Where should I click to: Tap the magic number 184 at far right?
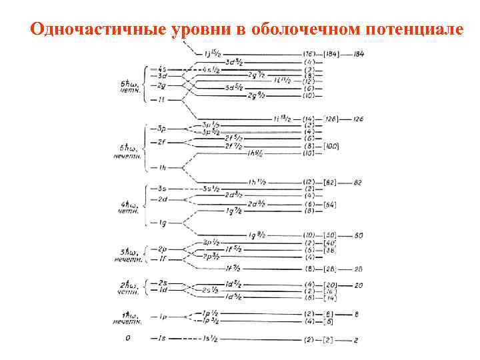click(x=359, y=53)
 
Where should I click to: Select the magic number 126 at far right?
click(x=359, y=119)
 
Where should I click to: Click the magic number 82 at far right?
click(x=359, y=182)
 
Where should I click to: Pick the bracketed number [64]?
click(x=329, y=205)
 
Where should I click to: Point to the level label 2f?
click(x=162, y=142)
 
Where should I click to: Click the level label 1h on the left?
click(x=162, y=167)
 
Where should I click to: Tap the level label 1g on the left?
click(x=163, y=223)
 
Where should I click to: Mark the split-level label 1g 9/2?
click(x=256, y=235)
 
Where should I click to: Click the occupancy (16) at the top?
click(x=309, y=53)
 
